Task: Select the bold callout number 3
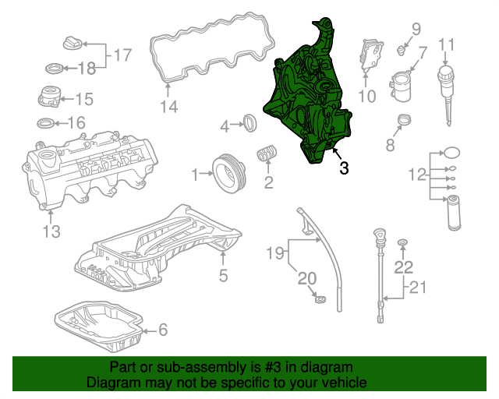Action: click(344, 168)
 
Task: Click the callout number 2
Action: click(268, 184)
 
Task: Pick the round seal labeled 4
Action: click(250, 122)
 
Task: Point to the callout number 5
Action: click(223, 274)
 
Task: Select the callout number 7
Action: click(423, 53)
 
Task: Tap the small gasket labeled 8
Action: click(403, 120)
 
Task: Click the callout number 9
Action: click(416, 30)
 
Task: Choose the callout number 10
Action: click(366, 97)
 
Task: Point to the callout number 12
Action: click(417, 173)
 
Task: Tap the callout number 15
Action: click(83, 99)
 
